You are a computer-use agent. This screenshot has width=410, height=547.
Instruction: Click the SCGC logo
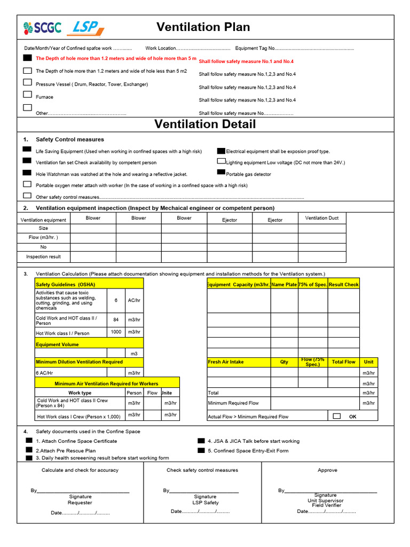click(x=42, y=28)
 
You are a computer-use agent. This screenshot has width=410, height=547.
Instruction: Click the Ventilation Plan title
click(x=203, y=27)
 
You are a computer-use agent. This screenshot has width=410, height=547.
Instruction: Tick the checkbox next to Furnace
click(x=27, y=95)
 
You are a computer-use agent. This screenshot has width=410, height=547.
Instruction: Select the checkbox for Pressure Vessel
click(x=27, y=82)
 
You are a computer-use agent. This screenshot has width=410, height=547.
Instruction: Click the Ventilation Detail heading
click(x=205, y=124)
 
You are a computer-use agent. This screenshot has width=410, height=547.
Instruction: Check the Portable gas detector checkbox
click(x=221, y=173)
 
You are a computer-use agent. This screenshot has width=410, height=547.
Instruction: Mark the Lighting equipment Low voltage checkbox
click(x=221, y=161)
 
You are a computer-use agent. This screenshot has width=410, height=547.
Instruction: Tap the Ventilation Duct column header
click(x=322, y=218)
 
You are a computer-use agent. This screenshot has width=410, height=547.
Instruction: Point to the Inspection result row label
click(x=43, y=257)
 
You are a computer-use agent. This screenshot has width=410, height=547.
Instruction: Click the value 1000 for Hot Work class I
click(x=116, y=332)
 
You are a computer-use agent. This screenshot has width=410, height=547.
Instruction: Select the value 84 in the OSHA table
click(x=116, y=319)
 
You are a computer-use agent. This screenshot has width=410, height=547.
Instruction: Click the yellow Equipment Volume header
click(x=89, y=344)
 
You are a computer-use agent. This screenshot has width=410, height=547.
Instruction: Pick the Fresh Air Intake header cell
click(x=238, y=362)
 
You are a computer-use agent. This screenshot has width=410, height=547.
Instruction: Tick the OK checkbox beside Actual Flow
click(x=336, y=416)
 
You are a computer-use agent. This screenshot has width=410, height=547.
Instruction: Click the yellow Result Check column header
click(x=343, y=285)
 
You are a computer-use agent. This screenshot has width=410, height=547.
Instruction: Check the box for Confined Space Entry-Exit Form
click(x=201, y=450)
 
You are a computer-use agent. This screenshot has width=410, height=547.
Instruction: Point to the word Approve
click(x=327, y=470)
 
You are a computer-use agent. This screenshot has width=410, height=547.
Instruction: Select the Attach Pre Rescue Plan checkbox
click(x=29, y=450)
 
